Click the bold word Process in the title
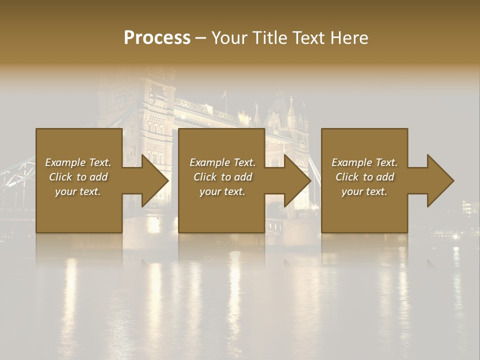tap(157, 38)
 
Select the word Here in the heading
tap(348, 38)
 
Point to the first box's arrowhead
tap(152, 180)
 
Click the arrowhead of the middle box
tap(295, 180)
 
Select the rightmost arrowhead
tap(438, 180)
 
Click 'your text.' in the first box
tap(78, 191)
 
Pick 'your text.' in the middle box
tap(222, 191)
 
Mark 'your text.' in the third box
tap(364, 191)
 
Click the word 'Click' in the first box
tap(60, 177)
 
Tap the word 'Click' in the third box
tap(347, 177)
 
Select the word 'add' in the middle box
tap(243, 177)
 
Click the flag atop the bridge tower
tap(224, 93)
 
